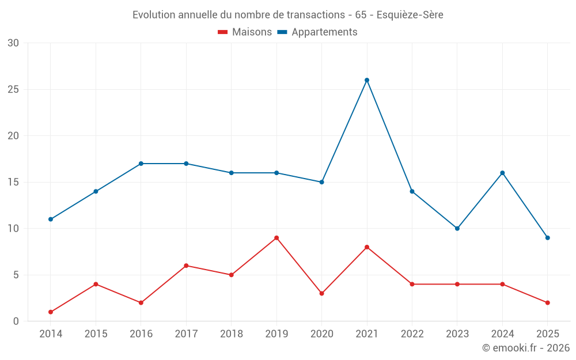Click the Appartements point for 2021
point(367,80)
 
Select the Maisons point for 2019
point(276,238)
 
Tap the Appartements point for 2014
point(51,219)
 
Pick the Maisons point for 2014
point(51,312)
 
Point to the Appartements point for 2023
point(457,229)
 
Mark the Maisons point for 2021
point(367,247)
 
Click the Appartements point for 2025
point(548,238)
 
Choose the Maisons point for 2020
point(322,294)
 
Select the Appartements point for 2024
point(502,173)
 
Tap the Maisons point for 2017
point(186,266)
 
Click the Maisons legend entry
point(245,32)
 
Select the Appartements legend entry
point(317,32)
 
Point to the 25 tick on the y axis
point(13,90)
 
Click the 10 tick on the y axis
point(13,229)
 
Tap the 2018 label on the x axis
point(231,334)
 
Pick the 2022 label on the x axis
point(412,334)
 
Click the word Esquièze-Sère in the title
point(410,15)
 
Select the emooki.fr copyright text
point(525,348)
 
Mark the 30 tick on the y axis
point(13,43)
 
